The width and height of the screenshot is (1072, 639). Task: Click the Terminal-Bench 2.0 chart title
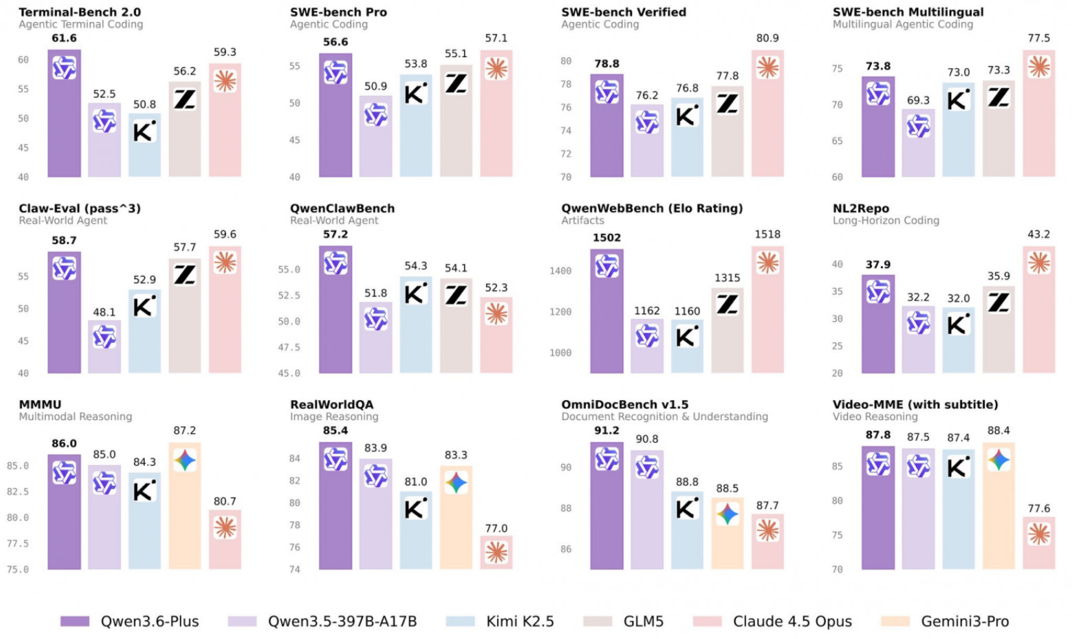tap(80, 12)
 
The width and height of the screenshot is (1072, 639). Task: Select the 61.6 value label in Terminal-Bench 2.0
tap(64, 38)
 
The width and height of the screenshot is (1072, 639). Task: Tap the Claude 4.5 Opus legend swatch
tap(707, 621)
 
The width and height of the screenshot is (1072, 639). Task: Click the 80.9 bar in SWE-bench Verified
tap(767, 123)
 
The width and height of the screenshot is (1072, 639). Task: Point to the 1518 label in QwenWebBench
tap(767, 234)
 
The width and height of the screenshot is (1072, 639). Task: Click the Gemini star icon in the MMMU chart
tap(185, 460)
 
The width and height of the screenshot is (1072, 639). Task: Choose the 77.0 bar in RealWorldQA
tap(496, 553)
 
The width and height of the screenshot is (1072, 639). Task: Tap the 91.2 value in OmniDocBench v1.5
tap(606, 431)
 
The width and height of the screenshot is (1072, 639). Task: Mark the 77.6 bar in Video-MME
tap(1039, 545)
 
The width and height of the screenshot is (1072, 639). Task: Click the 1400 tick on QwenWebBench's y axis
tap(561, 271)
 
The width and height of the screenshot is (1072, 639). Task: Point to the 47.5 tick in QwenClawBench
tap(289, 347)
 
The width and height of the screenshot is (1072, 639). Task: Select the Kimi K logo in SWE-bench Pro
tap(416, 94)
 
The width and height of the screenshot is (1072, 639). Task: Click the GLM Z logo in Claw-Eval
tap(185, 275)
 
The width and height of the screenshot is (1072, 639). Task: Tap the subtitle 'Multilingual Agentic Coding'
tap(902, 25)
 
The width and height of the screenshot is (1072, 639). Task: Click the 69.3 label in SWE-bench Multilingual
tap(918, 101)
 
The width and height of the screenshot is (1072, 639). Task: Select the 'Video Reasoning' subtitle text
tap(875, 417)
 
